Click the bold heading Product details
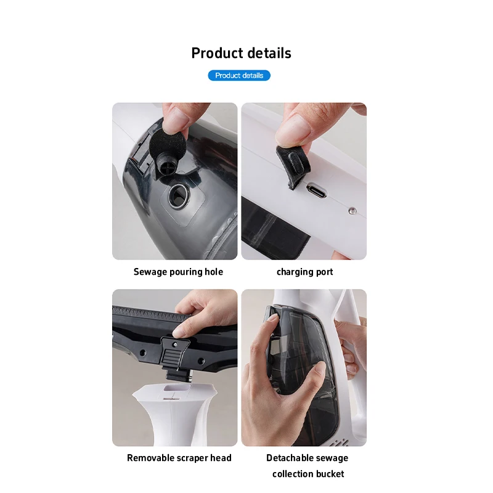(241, 53)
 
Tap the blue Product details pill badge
(239, 75)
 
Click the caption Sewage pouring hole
(178, 272)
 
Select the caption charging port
(304, 272)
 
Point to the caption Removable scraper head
(179, 458)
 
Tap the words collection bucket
(308, 474)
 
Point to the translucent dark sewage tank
(296, 370)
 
